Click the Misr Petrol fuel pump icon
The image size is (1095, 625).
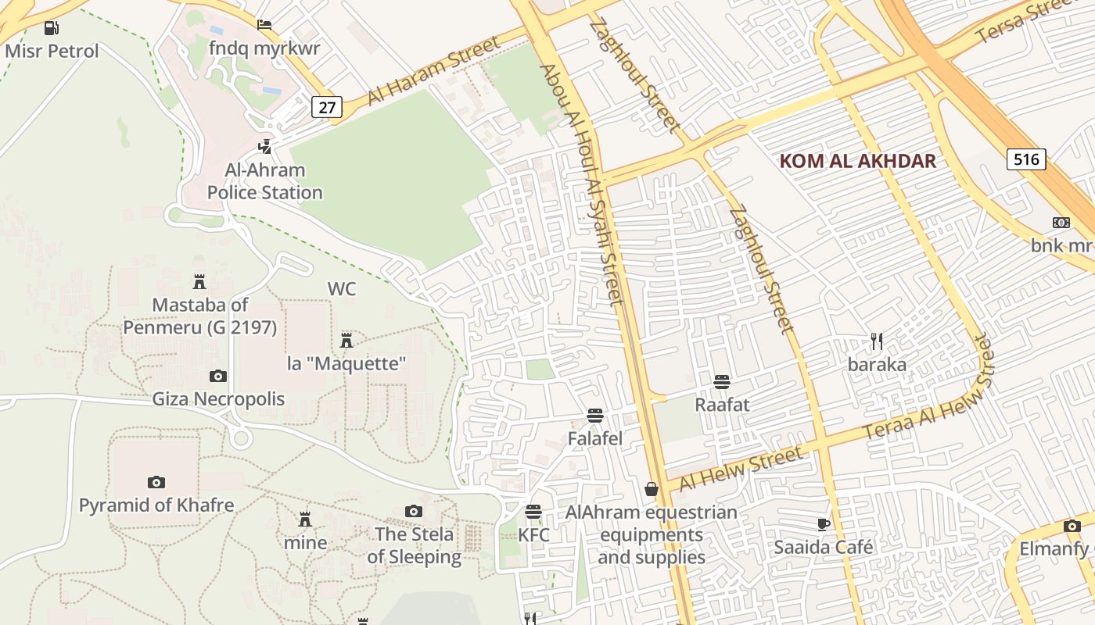pos(52,28)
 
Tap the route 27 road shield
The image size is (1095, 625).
pos(326,107)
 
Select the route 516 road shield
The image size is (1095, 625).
pos(1026,160)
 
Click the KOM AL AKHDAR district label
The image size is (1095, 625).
pos(857,162)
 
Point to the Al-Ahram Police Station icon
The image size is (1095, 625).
pos(265,146)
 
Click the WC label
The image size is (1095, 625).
pos(342,289)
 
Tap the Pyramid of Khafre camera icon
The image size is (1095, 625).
pos(156,482)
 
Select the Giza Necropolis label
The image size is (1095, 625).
pos(218,399)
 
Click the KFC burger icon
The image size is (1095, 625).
pos(533,512)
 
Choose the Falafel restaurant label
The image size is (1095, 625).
pos(595,439)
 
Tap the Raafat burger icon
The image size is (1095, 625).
pos(722,382)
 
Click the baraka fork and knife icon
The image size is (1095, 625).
pos(877,341)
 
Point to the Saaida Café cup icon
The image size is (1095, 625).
pos(823,524)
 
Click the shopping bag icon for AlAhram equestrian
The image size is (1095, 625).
pos(651,490)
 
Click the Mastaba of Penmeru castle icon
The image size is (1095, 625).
pos(199,281)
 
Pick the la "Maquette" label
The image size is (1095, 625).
pos(346,363)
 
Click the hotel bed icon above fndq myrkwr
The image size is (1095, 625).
pos(264,25)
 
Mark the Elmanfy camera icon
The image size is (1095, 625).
pos(1072,527)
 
